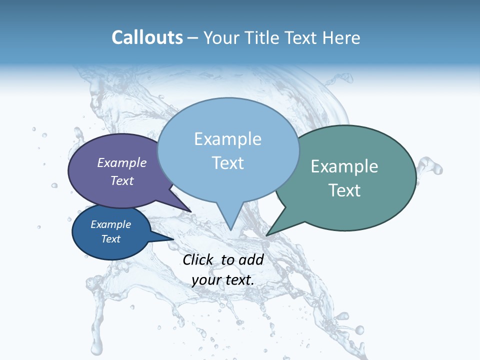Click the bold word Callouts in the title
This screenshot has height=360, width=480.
pos(147,37)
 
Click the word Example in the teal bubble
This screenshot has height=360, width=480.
pos(344,166)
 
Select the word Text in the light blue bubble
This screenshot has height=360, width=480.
pos(228,163)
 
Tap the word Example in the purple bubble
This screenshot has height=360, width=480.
pos(122,162)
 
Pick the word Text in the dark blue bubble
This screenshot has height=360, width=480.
pos(111,239)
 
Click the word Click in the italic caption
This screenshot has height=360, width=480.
pos(198,259)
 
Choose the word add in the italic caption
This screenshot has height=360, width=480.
pos(251,259)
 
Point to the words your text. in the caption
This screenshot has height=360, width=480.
pos(223,280)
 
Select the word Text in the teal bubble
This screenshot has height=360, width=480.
pos(344,190)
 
